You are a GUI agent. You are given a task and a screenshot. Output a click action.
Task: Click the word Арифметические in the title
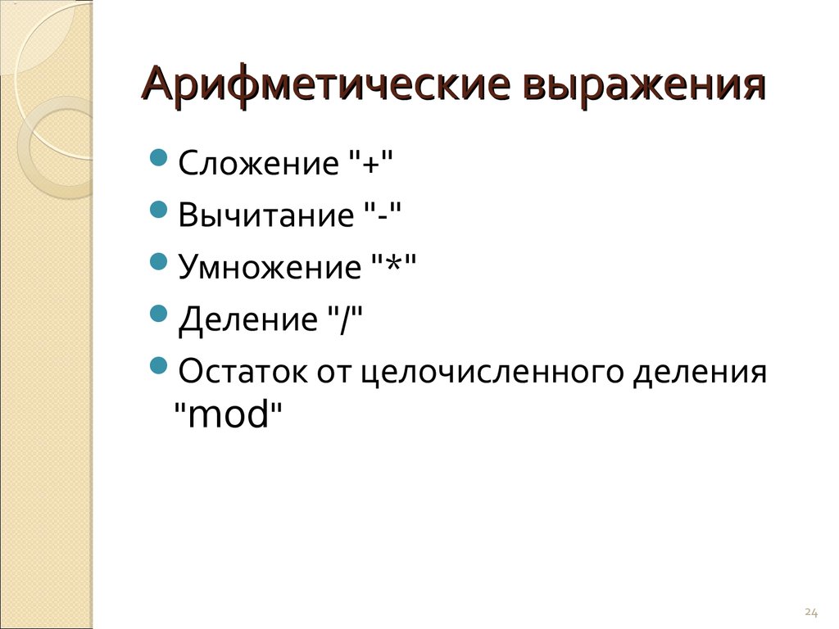[x=326, y=85]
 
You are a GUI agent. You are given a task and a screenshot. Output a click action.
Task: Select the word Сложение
[x=258, y=163]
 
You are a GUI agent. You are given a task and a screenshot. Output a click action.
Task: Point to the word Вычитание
[x=266, y=215]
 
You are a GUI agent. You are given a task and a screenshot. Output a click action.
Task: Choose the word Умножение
[x=270, y=267]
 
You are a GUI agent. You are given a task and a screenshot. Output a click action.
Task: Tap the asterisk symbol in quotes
[x=393, y=263]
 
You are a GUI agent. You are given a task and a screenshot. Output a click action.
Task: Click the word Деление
[x=247, y=320]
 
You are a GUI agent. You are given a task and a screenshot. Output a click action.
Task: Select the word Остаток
[x=243, y=371]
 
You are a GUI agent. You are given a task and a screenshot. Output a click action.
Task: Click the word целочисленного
[x=492, y=373]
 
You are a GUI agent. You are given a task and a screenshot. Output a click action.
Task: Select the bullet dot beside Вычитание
[x=159, y=210]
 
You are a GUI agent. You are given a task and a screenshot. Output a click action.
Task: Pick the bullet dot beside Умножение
[x=159, y=261]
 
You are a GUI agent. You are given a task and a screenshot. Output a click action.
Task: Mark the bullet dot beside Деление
[x=159, y=314]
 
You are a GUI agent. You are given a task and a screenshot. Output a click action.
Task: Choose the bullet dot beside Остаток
[x=159, y=366]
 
